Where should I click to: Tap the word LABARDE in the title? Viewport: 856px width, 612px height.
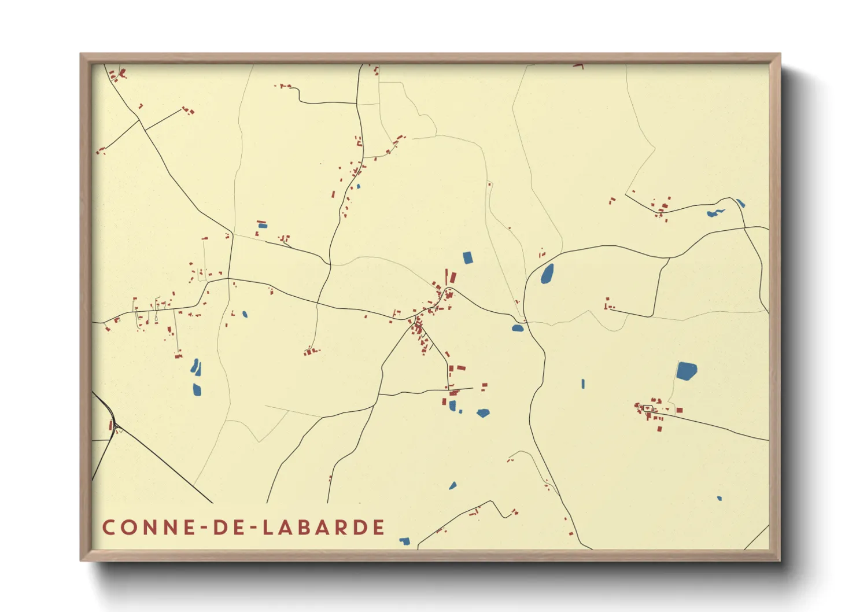(x=324, y=528)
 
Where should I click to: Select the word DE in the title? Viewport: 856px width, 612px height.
(x=227, y=528)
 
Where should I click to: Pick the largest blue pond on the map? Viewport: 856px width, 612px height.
(x=687, y=370)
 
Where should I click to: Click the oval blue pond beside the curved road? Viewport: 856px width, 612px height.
(x=547, y=274)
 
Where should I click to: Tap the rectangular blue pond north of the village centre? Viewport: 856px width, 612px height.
(x=468, y=257)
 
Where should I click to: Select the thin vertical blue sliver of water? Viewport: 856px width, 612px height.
(x=582, y=384)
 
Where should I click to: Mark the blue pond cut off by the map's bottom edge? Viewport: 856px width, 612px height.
(x=405, y=541)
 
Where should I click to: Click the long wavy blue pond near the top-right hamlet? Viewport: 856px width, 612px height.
(x=715, y=213)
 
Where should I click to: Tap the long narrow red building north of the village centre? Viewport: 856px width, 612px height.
(x=446, y=277)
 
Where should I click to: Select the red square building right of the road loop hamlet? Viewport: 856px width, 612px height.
(x=680, y=410)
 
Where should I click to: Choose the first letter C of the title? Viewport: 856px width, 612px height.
(x=108, y=528)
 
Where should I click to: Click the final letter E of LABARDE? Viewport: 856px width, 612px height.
(x=379, y=528)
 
